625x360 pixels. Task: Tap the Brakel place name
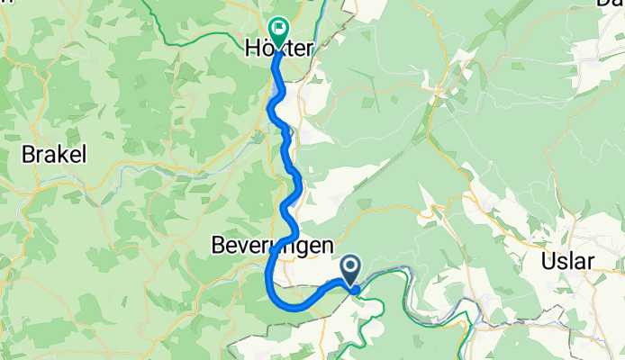[53, 155]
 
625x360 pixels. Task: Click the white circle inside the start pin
[350, 265]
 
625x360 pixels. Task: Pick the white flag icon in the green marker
[277, 28]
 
